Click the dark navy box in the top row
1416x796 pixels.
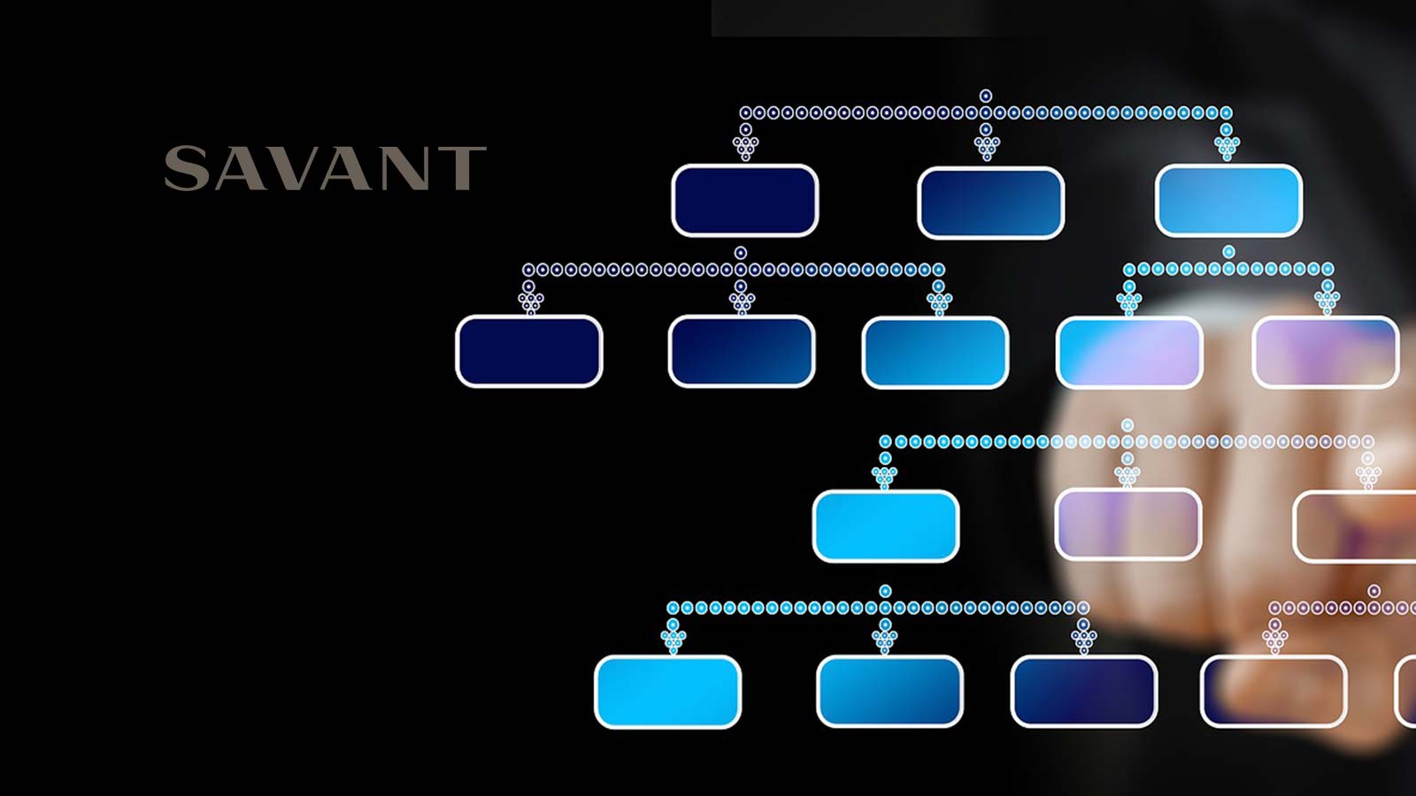click(x=744, y=201)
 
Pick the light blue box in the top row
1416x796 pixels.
click(x=1228, y=201)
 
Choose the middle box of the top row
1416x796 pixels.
click(x=990, y=203)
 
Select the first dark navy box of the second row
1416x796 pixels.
click(x=529, y=351)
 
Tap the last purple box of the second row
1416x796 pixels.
click(x=1325, y=352)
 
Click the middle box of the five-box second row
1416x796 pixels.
click(x=935, y=352)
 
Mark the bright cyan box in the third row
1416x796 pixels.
click(x=886, y=526)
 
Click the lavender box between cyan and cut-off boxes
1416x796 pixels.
click(x=1128, y=525)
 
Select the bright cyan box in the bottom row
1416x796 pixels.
click(x=667, y=692)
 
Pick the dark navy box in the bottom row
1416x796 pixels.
click(x=1083, y=692)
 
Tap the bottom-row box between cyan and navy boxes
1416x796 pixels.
click(x=889, y=692)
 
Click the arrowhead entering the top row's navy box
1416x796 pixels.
click(x=746, y=148)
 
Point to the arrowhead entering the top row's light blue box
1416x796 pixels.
click(x=1227, y=147)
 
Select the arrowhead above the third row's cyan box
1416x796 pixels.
click(x=885, y=478)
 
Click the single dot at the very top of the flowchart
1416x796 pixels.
click(x=986, y=96)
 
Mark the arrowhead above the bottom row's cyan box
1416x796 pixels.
click(x=673, y=641)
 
